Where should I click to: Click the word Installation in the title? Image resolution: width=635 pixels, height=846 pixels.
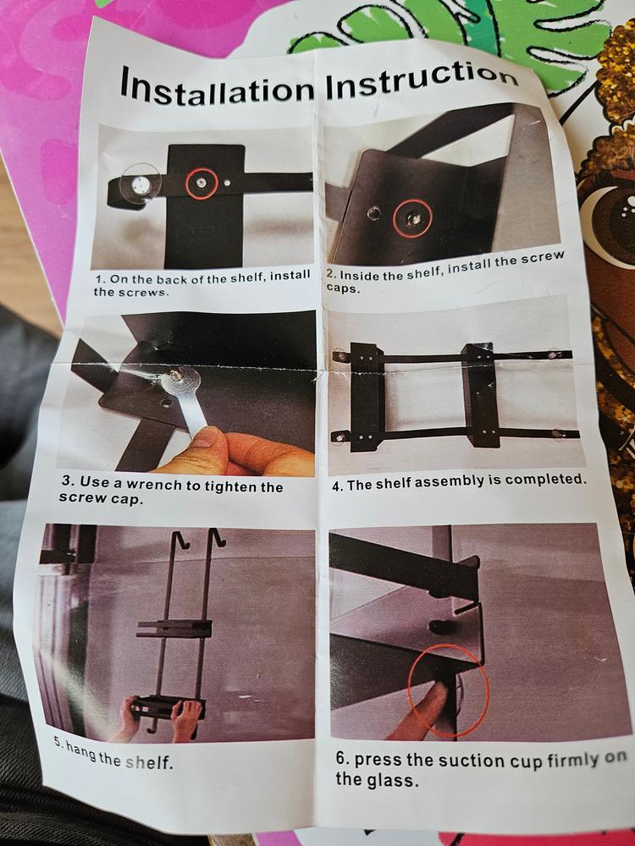click(x=217, y=88)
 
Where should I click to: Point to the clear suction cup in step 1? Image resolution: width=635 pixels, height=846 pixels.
click(x=141, y=183)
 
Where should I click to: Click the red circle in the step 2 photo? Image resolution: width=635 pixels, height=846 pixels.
click(x=412, y=218)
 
